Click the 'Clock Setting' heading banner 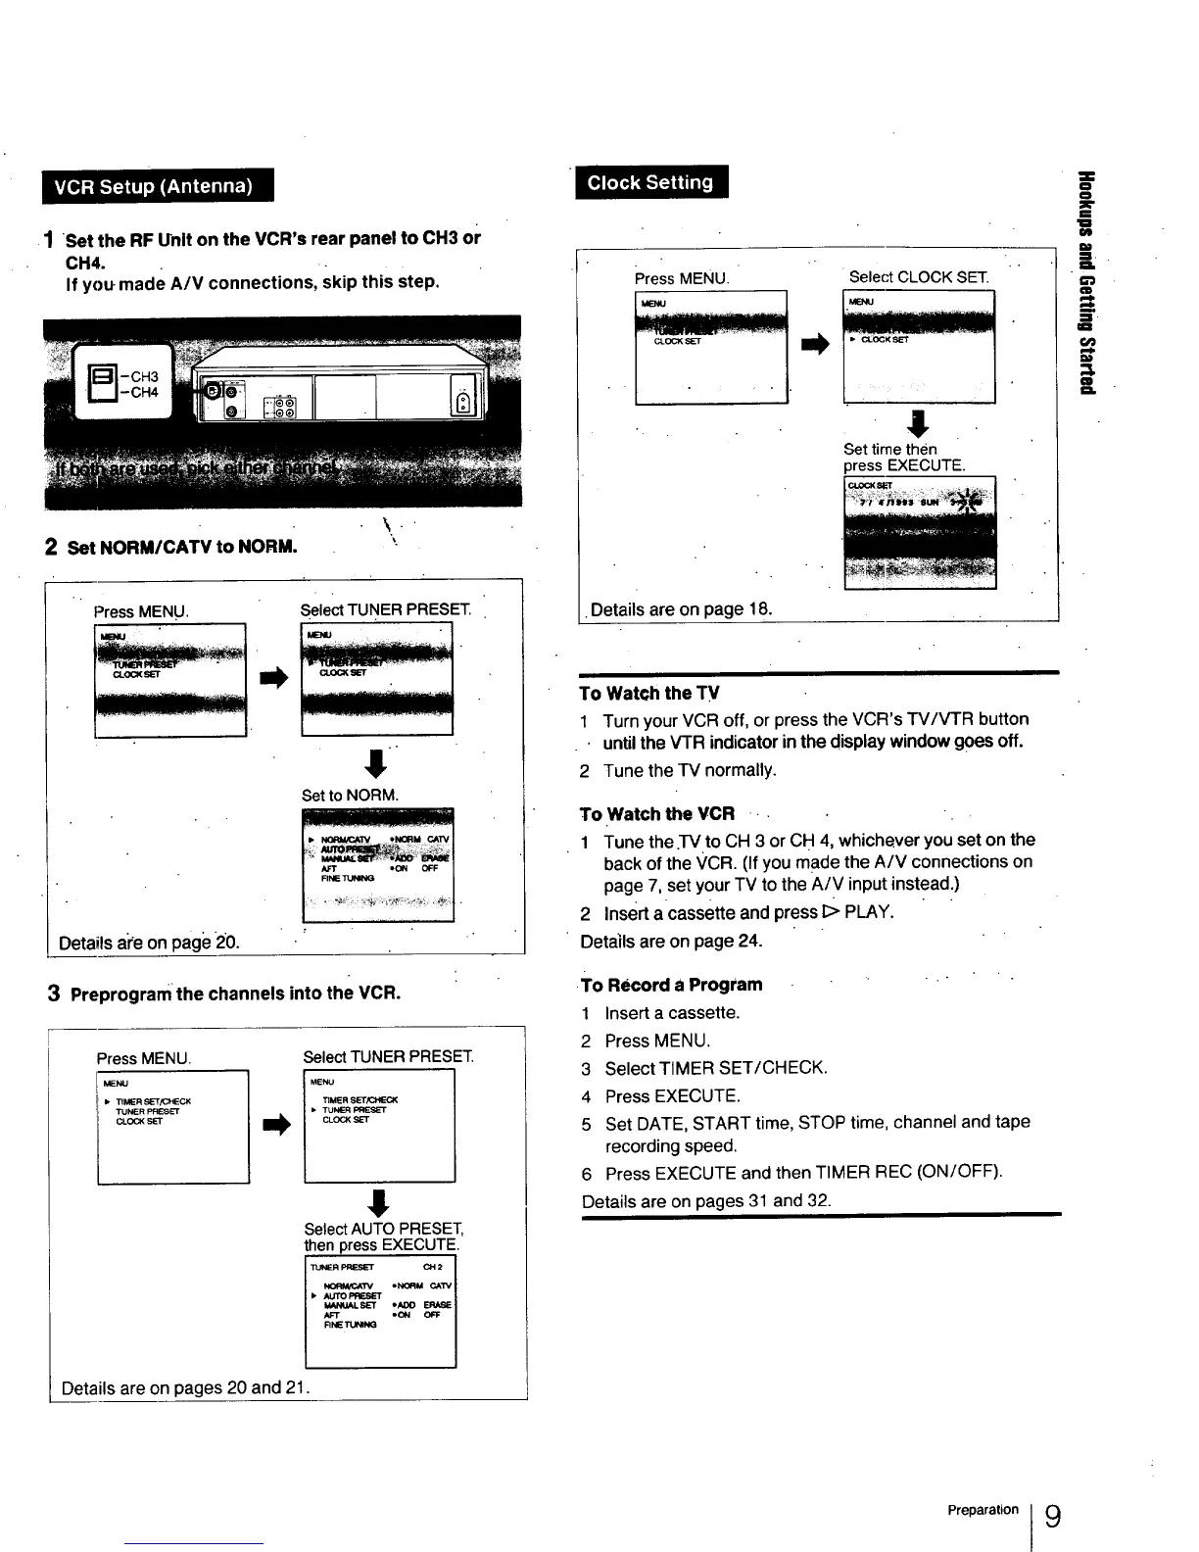click(x=649, y=182)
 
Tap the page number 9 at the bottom click(x=1052, y=1517)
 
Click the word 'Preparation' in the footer click(x=983, y=1510)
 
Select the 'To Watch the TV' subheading click(x=649, y=694)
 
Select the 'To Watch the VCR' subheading click(x=657, y=814)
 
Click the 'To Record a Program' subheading click(x=671, y=985)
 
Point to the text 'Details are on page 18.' click(x=682, y=609)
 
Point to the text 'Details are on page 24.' click(x=671, y=942)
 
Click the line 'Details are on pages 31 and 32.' click(x=706, y=1201)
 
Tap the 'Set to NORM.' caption click(x=351, y=795)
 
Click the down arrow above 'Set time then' click(x=918, y=424)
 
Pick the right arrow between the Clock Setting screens click(x=815, y=344)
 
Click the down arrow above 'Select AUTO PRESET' click(x=380, y=1201)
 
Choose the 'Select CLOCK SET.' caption click(x=919, y=277)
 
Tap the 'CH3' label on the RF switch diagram click(x=143, y=376)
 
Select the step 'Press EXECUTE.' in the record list click(x=672, y=1096)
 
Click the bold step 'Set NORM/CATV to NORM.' click(x=182, y=547)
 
